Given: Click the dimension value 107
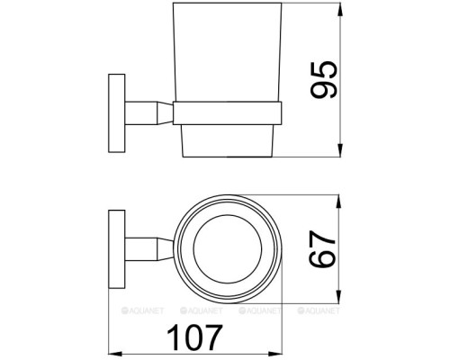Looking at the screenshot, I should click(x=194, y=337).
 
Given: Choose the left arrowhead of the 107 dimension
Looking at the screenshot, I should click(x=115, y=351).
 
